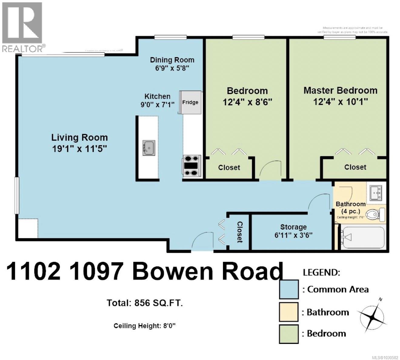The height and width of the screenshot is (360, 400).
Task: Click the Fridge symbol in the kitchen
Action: pos(190,102)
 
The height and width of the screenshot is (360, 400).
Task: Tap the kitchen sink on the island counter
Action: pos(149,148)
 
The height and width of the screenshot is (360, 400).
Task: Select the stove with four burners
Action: pos(192,166)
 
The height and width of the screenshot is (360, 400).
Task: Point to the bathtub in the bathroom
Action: pos(362,237)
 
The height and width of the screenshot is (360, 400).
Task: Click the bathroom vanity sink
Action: pos(375,193)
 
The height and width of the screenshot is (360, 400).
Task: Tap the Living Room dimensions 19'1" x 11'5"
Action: pos(79,149)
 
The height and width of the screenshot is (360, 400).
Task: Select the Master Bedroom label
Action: pos(340,91)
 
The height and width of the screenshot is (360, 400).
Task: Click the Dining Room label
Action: pos(172,60)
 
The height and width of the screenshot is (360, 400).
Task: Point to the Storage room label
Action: pos(293,227)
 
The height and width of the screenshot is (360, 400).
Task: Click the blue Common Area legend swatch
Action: pos(289,289)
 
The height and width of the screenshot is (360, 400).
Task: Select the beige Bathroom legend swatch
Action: pos(289,312)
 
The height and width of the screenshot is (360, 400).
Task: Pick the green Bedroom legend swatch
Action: pos(289,334)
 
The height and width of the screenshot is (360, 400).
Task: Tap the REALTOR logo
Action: pos(23,27)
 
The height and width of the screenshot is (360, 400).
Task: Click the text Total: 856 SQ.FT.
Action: pos(145,303)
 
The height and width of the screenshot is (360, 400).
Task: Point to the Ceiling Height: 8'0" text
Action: pos(145,326)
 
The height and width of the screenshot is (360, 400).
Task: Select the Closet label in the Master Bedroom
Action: pos(355,167)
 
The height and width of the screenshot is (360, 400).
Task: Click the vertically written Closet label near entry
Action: pos(240,232)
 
